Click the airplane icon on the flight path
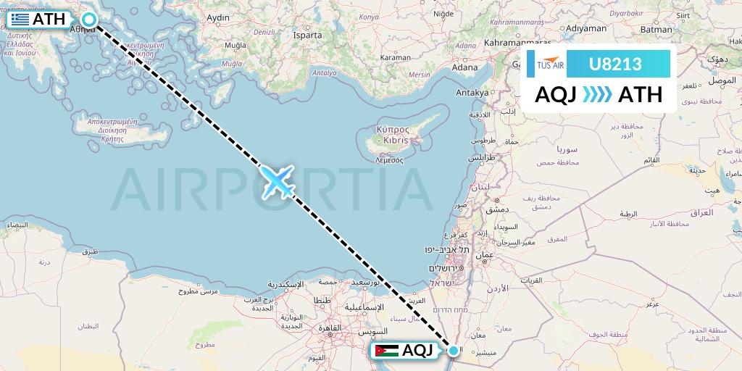point(278,180)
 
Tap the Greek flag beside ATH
point(20,20)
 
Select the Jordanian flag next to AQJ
point(386,351)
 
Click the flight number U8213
point(615,64)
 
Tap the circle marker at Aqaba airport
point(454,351)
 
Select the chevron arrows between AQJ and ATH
point(597,95)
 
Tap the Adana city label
point(464,67)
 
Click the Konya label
point(369,17)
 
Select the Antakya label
point(472,93)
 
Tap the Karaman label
point(396,57)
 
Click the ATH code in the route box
point(641,95)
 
